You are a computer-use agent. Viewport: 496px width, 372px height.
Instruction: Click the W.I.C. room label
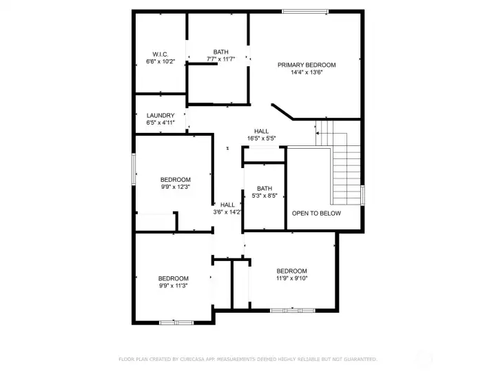click(x=161, y=54)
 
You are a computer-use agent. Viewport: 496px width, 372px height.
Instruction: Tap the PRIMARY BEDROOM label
click(x=307, y=65)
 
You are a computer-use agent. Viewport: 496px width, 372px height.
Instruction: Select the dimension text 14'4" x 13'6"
click(x=307, y=72)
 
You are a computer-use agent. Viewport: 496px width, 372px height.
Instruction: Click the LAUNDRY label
click(x=161, y=116)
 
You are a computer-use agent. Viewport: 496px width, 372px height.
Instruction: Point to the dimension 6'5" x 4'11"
click(x=161, y=123)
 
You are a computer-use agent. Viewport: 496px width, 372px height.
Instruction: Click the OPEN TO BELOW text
click(x=316, y=214)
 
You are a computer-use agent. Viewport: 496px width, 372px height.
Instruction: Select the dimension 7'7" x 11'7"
click(x=220, y=59)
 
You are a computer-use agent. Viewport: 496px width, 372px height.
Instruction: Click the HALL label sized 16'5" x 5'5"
click(x=261, y=131)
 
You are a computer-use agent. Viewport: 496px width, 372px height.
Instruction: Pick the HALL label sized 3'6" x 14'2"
click(x=227, y=205)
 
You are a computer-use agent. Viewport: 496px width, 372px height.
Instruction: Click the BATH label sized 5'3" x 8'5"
click(x=265, y=188)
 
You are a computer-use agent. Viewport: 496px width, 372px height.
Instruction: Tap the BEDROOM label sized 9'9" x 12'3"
click(x=175, y=179)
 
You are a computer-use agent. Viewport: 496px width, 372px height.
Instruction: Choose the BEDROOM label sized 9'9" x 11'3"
click(x=173, y=278)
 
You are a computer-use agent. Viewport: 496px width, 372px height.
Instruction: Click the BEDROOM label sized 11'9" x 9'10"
click(x=291, y=271)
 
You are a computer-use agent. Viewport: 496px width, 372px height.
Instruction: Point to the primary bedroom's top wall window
click(x=304, y=11)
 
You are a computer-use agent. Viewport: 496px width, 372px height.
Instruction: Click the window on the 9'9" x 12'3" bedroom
click(x=134, y=167)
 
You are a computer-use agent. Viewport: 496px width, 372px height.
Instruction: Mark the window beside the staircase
click(x=363, y=195)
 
